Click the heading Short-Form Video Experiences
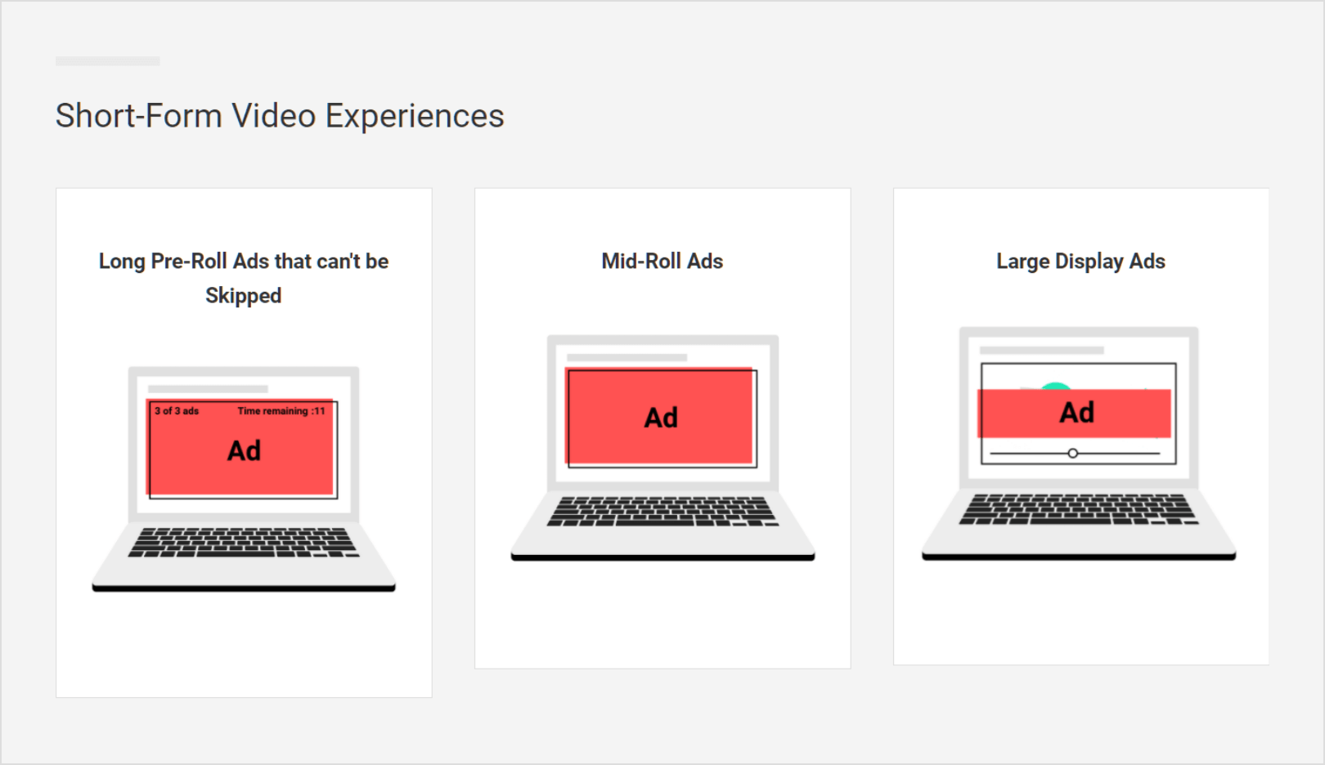tap(280, 116)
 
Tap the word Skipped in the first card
tap(243, 296)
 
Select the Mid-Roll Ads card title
tap(662, 262)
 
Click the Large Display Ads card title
tap(1080, 262)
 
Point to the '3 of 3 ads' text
tap(177, 411)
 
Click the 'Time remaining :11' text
tap(281, 411)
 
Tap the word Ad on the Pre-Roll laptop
tap(244, 451)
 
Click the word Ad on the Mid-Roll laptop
tap(661, 418)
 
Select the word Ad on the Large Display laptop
tap(1076, 413)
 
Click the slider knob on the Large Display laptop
tap(1072, 454)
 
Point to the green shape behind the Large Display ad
tap(1056, 386)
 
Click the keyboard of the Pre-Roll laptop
tap(243, 542)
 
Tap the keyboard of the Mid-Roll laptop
tap(662, 512)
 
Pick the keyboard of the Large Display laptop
tap(1078, 509)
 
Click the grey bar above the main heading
tap(108, 61)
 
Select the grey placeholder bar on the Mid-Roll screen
tap(627, 358)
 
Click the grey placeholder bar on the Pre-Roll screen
tap(208, 389)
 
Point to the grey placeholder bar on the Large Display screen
tap(1042, 350)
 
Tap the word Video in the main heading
tap(274, 116)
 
